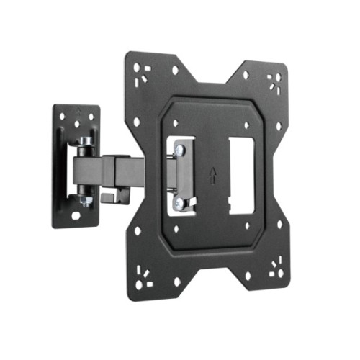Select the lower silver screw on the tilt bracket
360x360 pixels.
pos(179,203)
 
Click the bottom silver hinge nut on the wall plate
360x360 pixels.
pos(86,202)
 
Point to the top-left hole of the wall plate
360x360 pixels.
pos(61,117)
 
